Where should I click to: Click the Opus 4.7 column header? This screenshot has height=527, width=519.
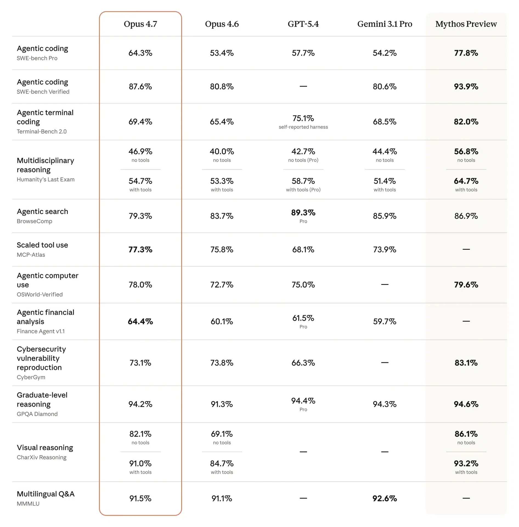[x=140, y=24]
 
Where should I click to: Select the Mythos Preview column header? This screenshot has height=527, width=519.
[x=466, y=24]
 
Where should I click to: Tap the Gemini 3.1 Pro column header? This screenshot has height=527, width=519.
[x=384, y=24]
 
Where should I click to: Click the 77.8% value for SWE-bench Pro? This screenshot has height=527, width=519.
[x=466, y=53]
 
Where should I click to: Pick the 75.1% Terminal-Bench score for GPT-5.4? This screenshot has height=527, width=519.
[x=303, y=118]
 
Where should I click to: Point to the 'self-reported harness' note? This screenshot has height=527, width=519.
[x=303, y=127]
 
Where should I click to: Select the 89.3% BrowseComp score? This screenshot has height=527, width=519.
[x=303, y=212]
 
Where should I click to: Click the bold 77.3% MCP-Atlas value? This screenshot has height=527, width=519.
[x=140, y=249]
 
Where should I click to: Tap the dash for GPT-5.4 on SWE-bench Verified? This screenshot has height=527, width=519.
[x=303, y=86]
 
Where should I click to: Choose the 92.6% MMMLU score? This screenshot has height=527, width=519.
[x=384, y=498]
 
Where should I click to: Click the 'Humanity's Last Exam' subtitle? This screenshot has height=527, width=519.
[x=46, y=179]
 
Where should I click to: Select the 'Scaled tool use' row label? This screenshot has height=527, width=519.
[x=42, y=245]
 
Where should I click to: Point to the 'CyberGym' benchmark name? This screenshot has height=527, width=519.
[x=31, y=377]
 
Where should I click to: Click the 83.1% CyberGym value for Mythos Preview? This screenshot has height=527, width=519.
[x=466, y=363]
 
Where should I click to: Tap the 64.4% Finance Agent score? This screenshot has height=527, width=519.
[x=140, y=321]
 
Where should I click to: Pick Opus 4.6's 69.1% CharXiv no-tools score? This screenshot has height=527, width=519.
[x=222, y=434]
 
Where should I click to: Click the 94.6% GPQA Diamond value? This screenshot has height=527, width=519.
[x=466, y=404]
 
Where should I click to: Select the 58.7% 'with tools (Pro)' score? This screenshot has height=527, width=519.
[x=303, y=181]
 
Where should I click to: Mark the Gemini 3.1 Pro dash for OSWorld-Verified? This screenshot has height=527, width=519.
[x=384, y=284]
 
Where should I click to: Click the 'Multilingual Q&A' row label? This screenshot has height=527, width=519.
[x=46, y=494]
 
